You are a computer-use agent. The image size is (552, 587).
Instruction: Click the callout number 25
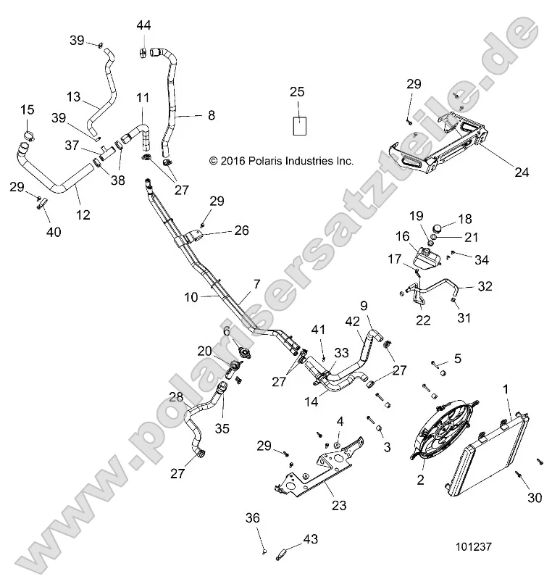tap(297, 91)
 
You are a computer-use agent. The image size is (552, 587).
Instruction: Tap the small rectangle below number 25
tap(299, 125)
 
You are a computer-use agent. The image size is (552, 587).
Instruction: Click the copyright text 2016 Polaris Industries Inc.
tap(281, 161)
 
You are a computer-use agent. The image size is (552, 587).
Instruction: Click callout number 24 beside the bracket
tap(522, 172)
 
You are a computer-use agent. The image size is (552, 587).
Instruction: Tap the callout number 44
tap(143, 25)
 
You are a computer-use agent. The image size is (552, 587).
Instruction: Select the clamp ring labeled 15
tap(29, 135)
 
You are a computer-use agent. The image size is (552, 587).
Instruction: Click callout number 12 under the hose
tap(83, 215)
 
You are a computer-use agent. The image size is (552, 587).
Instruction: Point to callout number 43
tap(310, 538)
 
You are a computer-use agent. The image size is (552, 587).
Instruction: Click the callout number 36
tap(251, 518)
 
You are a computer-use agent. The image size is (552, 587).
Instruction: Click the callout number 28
tap(175, 398)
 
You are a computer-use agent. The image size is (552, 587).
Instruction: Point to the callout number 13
tap(74, 96)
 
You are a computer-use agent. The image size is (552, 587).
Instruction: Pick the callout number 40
tap(54, 232)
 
